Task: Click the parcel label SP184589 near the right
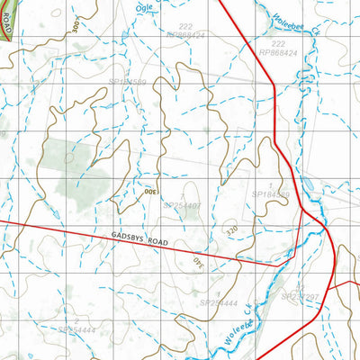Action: [x=271, y=193]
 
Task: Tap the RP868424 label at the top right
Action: [x=277, y=53]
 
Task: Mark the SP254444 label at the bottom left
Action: [x=76, y=330]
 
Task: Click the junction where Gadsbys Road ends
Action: [x=277, y=265]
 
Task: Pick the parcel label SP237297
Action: [x=301, y=296]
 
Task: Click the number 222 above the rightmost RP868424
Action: [x=277, y=43]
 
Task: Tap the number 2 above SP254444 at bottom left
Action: [x=77, y=320]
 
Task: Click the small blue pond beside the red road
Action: [x=309, y=185]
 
